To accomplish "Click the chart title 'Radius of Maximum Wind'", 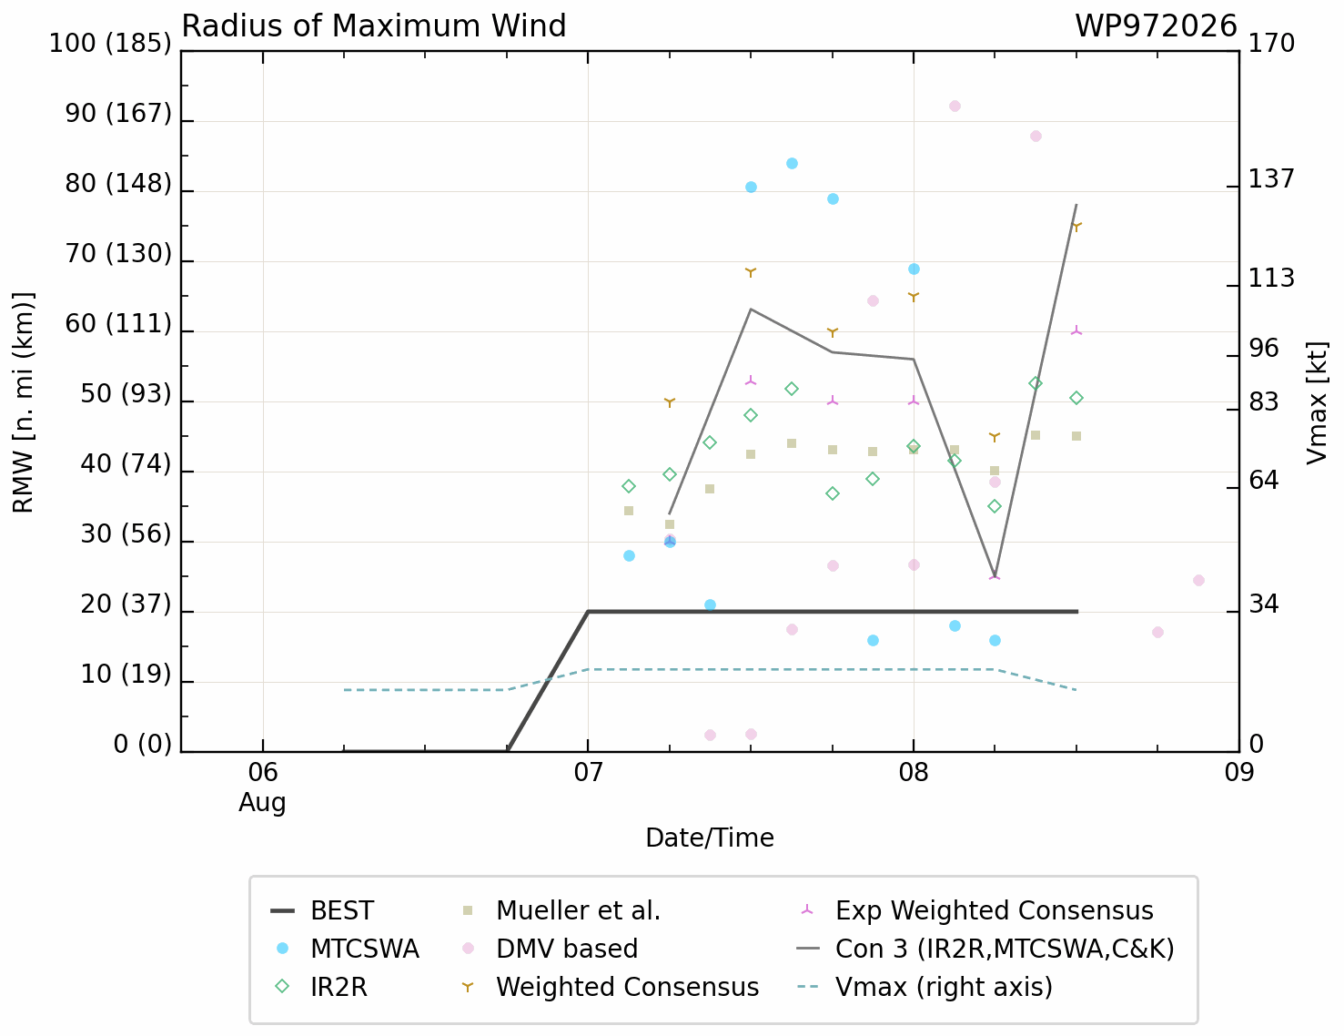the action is coord(374,26).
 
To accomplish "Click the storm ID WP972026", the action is coord(1156,26).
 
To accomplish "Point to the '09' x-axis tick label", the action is coord(1238,773).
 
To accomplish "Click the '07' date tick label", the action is coord(588,773).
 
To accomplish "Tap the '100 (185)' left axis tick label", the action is coord(110,44).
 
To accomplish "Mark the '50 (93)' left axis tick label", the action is coord(126,394).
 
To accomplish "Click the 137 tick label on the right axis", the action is coord(1271,179).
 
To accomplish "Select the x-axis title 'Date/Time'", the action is coord(710,838).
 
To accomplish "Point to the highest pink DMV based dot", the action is coord(955,106).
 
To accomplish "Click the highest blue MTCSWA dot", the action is coord(792,163).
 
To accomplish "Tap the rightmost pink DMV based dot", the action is coord(1198,580).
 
